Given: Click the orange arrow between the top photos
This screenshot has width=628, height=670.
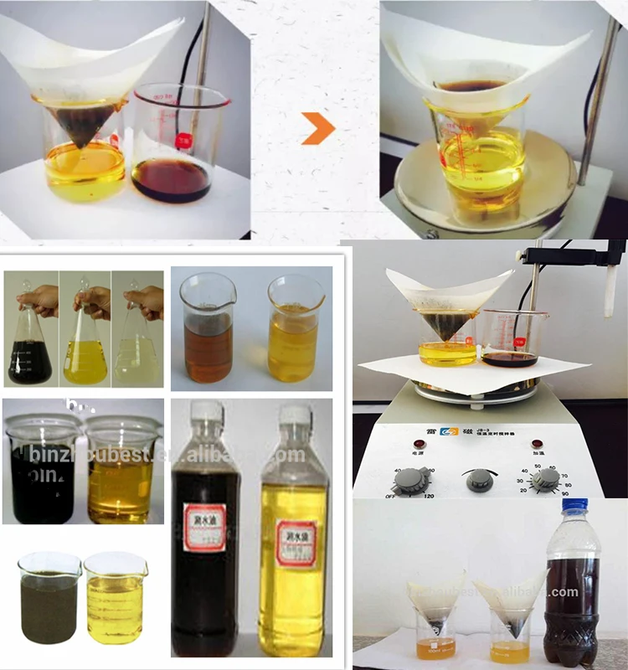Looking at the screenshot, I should (x=318, y=128).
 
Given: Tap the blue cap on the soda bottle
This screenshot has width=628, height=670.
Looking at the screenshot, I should (x=574, y=506).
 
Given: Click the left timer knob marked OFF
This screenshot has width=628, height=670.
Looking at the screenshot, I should (x=407, y=479).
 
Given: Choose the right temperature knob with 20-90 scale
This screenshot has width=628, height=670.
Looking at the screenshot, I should (x=546, y=478).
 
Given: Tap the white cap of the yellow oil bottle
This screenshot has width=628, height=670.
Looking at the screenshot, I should (x=295, y=415).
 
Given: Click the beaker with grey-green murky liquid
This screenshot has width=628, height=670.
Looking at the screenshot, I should (x=49, y=603).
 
